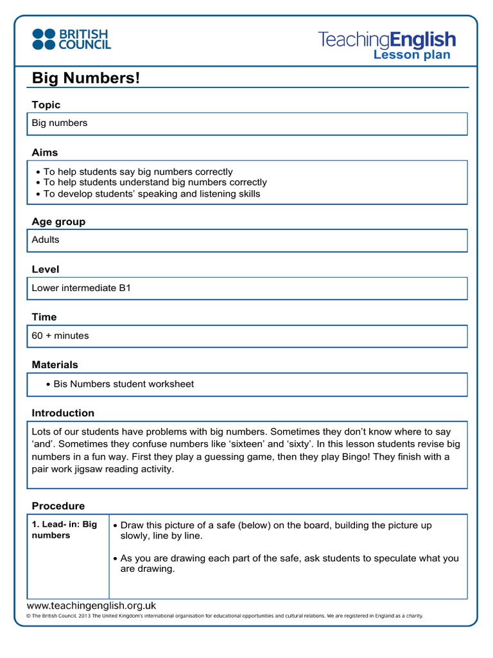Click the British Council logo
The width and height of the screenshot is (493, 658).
click(71, 39)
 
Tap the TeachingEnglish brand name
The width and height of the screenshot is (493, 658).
click(386, 40)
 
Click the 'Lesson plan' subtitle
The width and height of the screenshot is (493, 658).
click(411, 55)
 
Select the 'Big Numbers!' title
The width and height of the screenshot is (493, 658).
click(85, 78)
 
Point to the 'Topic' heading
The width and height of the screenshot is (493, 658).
click(46, 105)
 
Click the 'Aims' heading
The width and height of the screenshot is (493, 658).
click(45, 152)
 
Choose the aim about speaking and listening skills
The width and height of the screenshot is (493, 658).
click(151, 193)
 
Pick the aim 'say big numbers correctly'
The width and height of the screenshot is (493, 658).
click(138, 172)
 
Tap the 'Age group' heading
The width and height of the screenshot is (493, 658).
click(58, 222)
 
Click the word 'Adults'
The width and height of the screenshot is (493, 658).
click(46, 240)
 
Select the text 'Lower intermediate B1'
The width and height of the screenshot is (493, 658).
click(82, 288)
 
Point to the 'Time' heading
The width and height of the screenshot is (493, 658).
click(44, 317)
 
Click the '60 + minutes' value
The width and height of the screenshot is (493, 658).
click(60, 335)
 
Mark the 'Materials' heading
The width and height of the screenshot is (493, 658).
click(55, 364)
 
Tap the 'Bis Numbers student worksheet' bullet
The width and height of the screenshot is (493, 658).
click(123, 384)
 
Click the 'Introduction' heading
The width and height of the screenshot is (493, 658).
click(63, 413)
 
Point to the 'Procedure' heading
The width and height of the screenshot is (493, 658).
click(58, 506)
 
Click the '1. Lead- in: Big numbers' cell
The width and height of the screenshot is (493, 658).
click(64, 529)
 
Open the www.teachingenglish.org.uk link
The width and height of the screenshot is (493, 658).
click(91, 605)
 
